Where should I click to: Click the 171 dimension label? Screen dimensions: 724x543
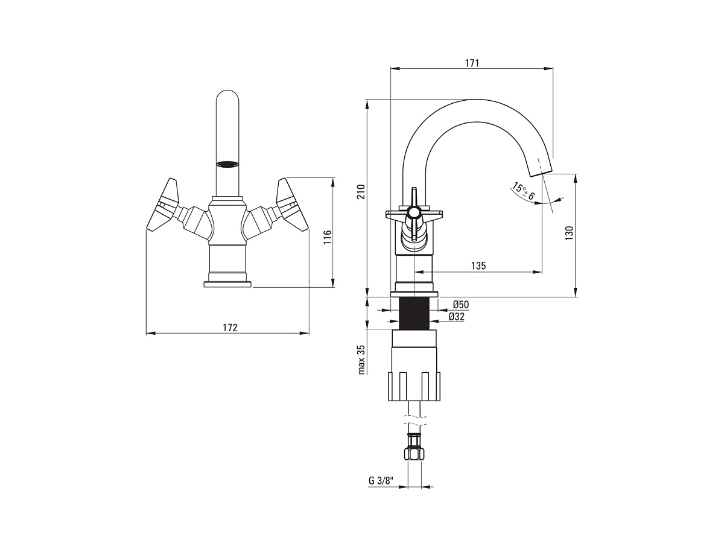pos(472,63)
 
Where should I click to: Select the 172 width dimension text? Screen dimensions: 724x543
pos(230,328)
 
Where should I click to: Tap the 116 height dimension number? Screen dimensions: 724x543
pos(327,237)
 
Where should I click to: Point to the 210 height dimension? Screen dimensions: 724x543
pos(361,191)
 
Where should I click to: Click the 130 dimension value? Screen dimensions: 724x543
pos(570,233)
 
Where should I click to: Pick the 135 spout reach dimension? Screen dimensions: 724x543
pos(478,265)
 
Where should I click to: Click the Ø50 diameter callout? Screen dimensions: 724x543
pos(461,305)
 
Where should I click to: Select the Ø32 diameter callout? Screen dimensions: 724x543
pos(457,317)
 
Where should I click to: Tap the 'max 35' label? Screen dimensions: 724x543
pos(362,360)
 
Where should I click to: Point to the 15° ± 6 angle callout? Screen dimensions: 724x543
pos(522,191)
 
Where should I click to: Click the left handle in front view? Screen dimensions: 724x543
pos(164,205)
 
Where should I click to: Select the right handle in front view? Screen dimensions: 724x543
pos(292,205)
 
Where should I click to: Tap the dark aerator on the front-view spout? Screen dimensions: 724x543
pos(227,164)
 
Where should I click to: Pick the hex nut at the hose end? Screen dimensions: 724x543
pos(414,454)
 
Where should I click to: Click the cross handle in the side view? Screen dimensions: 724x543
pos(413,218)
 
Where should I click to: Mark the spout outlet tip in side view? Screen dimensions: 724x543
pos(541,173)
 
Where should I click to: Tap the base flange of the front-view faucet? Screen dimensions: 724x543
pos(227,284)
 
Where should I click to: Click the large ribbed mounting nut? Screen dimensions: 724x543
pos(414,386)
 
